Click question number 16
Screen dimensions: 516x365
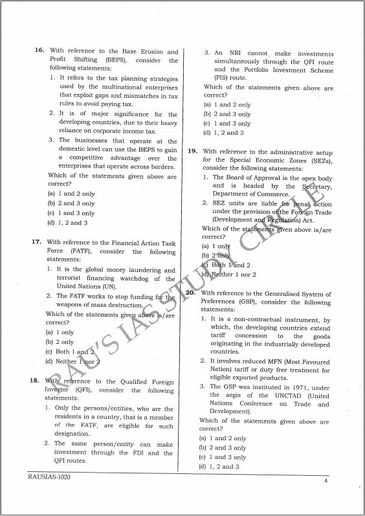click(39, 52)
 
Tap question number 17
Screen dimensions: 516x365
click(37, 242)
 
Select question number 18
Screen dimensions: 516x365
click(37, 381)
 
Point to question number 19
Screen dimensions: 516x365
click(192, 151)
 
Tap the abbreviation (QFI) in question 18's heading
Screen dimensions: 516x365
click(84, 391)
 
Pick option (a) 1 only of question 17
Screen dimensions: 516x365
click(60, 332)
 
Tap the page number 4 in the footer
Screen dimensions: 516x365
click(326, 480)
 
